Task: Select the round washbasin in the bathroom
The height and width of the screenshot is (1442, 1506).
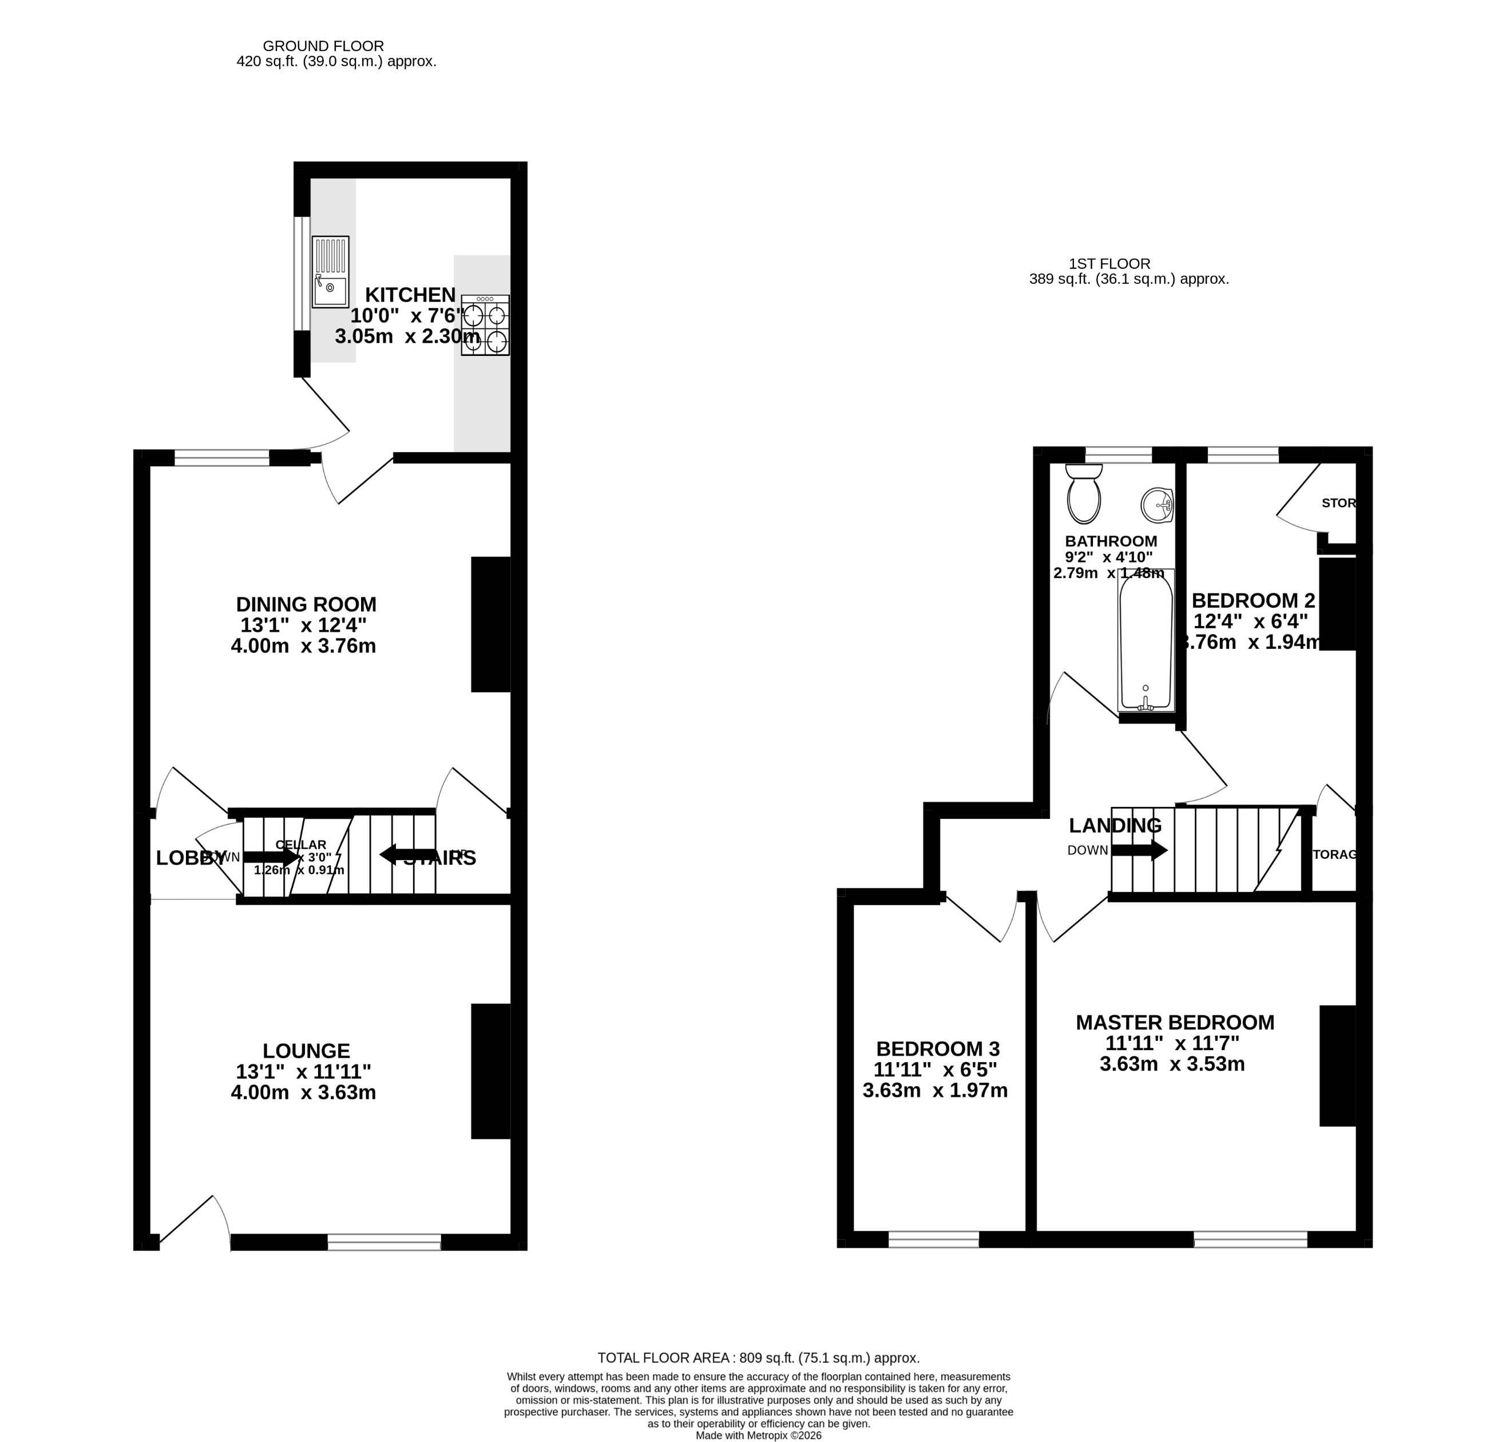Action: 1157,505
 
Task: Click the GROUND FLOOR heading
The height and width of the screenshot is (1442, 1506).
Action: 323,46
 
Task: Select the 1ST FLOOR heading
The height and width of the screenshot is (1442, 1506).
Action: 1109,264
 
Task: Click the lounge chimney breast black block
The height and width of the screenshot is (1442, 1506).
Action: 491,1071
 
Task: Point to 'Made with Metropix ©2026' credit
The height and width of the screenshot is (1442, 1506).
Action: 758,1435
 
